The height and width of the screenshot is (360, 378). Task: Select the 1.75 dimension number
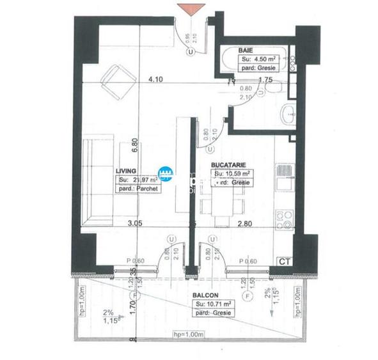click(266, 80)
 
